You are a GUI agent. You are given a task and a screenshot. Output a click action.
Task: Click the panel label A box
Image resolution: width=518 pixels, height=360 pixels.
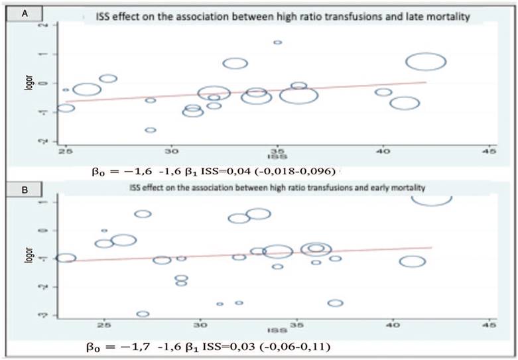click(x=25, y=11)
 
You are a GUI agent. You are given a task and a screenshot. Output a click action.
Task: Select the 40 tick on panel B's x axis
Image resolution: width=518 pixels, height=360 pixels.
click(x=392, y=324)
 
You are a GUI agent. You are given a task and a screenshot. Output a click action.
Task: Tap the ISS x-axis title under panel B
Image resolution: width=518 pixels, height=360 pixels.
click(x=272, y=330)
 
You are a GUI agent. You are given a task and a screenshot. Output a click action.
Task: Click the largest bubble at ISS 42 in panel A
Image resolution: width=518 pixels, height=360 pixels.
click(x=425, y=62)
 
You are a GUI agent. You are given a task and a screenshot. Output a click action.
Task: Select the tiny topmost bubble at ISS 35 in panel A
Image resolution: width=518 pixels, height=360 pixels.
click(x=277, y=42)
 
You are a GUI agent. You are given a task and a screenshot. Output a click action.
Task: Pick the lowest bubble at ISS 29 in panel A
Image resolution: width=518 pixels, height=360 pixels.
click(x=151, y=130)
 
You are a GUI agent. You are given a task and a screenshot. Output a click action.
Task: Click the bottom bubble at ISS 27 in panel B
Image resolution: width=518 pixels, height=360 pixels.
click(x=143, y=314)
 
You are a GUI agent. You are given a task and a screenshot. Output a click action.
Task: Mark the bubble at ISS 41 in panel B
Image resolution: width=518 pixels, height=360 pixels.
click(x=412, y=261)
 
